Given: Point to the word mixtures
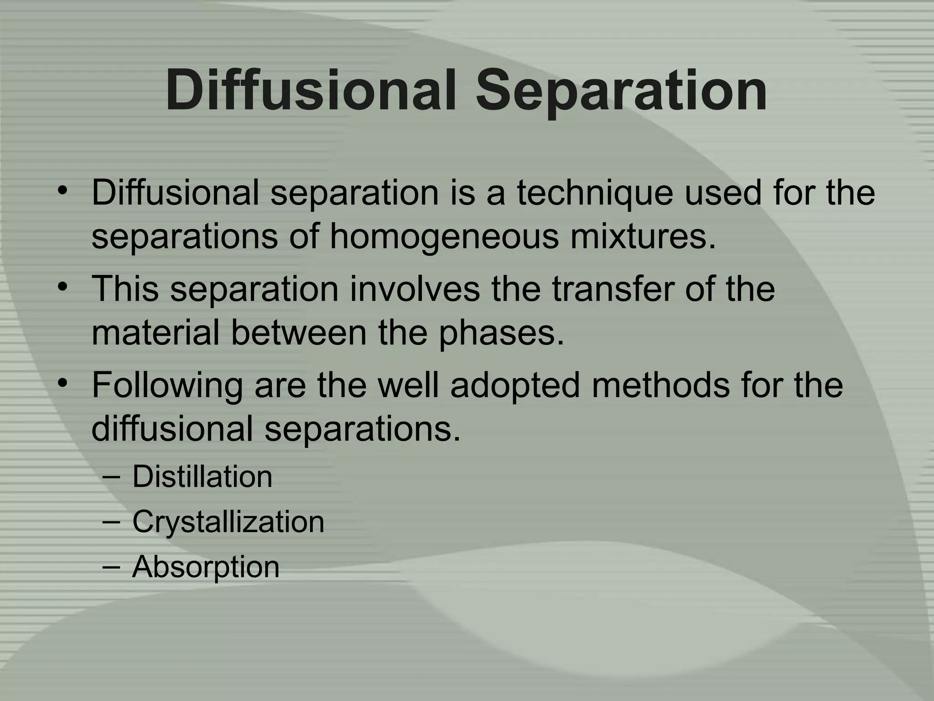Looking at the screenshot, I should (x=643, y=237).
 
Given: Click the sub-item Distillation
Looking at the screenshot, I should (x=202, y=477).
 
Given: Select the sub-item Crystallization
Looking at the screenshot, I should (x=228, y=522).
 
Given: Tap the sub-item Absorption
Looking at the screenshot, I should (x=206, y=567).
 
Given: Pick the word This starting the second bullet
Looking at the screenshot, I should (x=125, y=289).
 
